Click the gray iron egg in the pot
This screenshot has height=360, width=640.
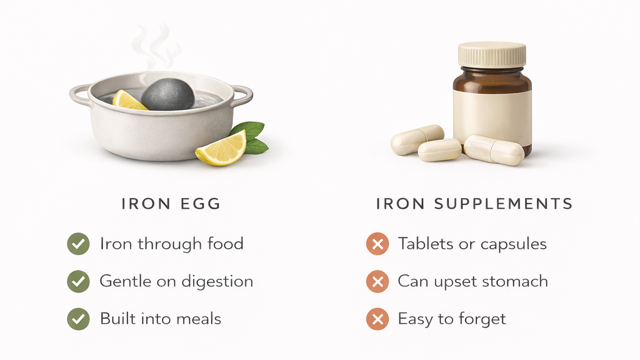(168, 95)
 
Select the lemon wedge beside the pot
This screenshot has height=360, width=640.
(221, 149)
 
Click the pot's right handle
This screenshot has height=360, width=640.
(243, 96)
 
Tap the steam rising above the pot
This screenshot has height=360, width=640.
(155, 47)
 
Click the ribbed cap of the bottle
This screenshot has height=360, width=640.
(492, 55)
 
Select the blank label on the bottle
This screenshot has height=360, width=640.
(492, 116)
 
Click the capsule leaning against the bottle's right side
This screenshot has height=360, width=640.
(494, 150)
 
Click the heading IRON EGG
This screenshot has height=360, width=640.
(171, 204)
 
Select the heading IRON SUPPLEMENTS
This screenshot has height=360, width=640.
(474, 204)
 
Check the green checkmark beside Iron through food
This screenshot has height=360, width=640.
(78, 244)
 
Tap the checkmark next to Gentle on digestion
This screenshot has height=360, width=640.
(78, 282)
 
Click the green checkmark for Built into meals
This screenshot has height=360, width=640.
(78, 319)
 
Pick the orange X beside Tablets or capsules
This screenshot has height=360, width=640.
(377, 244)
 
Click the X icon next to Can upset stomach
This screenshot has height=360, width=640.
(377, 282)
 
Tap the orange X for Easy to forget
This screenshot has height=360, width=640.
(377, 319)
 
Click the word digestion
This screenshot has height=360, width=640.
(217, 282)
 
